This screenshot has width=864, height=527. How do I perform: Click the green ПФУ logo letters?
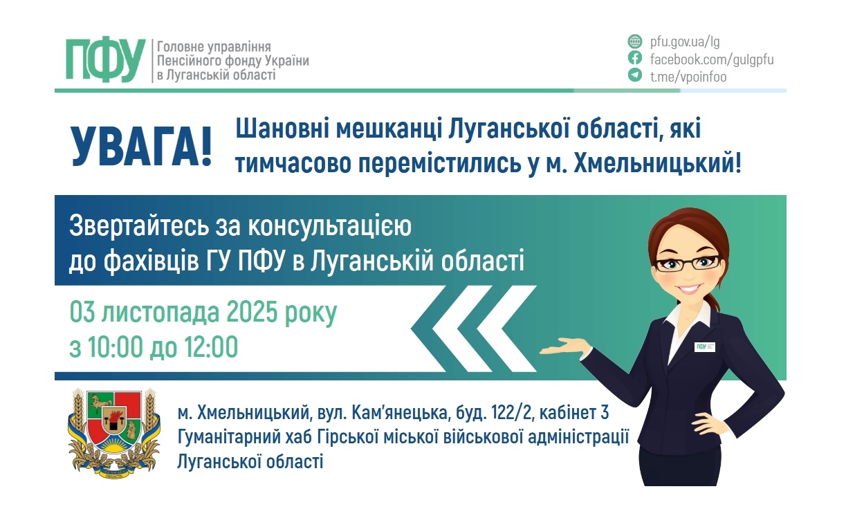click(x=105, y=60)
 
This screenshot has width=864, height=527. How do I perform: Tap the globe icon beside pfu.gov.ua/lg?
click(x=634, y=41)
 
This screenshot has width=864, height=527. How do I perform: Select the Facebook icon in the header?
click(x=634, y=59)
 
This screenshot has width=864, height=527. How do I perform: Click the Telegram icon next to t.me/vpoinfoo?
click(x=634, y=75)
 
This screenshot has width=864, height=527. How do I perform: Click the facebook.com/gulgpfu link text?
click(x=711, y=59)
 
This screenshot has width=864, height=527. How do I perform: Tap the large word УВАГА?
click(x=142, y=146)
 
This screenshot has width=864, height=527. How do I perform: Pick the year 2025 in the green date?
click(x=246, y=313)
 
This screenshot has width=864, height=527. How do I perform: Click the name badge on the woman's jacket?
click(x=705, y=346)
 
